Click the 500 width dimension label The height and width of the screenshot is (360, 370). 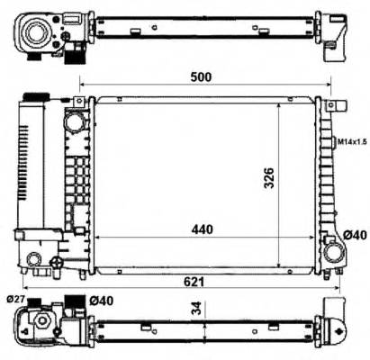pyautogui.click(x=201, y=76)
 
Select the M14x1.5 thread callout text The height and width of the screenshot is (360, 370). pyautogui.click(x=352, y=142)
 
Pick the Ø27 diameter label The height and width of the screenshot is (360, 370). pyautogui.click(x=15, y=300)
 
